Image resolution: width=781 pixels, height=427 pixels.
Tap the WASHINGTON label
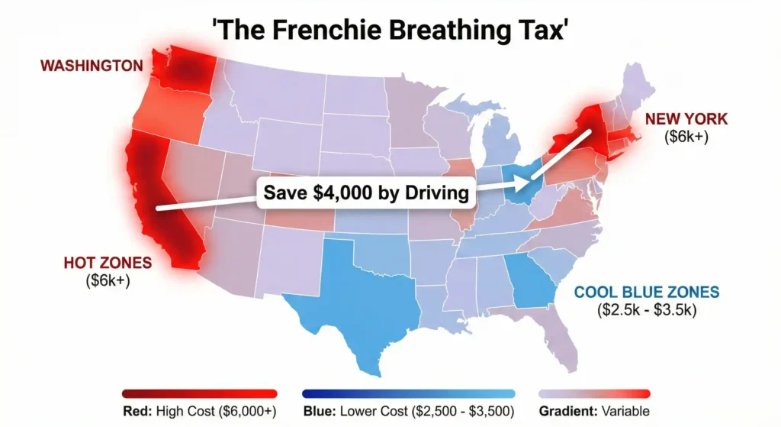click(92, 66)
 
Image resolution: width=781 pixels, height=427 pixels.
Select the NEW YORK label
click(686, 119)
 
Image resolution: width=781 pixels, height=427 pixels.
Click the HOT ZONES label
click(108, 263)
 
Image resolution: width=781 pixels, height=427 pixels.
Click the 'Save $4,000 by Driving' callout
click(366, 192)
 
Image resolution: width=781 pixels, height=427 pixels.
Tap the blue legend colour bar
click(409, 393)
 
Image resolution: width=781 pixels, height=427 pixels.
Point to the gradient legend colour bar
click(595, 393)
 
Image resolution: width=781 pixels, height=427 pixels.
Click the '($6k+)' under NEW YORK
click(686, 137)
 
